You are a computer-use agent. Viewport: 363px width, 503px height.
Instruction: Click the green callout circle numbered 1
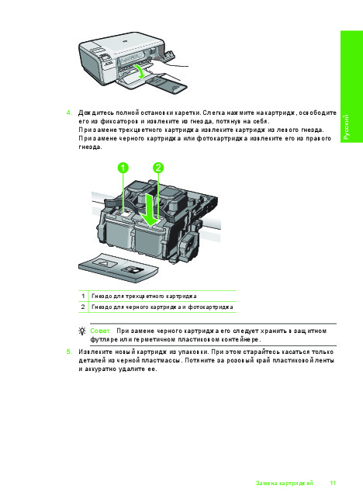tap(123, 168)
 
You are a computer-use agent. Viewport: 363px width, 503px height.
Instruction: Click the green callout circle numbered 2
tap(158, 168)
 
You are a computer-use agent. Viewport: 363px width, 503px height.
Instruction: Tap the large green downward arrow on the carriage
tap(150, 210)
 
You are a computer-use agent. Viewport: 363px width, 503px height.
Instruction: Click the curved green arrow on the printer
tap(140, 71)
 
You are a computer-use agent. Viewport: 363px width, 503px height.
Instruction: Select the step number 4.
tap(69, 113)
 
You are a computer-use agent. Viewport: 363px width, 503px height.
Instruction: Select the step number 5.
tap(69, 352)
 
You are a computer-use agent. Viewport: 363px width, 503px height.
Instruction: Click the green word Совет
tap(100, 331)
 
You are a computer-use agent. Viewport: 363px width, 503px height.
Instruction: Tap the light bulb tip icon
tap(82, 331)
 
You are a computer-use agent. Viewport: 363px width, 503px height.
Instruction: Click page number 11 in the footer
tap(333, 483)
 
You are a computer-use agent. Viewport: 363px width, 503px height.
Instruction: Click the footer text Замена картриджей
tap(284, 483)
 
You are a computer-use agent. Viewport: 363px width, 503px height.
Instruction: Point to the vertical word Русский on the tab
tap(347, 127)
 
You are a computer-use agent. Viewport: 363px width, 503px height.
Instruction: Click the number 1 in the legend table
tap(83, 296)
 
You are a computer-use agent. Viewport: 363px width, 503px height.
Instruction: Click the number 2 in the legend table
tap(83, 307)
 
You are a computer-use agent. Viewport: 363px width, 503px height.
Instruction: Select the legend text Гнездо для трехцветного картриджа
tap(144, 296)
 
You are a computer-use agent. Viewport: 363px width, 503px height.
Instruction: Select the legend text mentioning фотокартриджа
tap(162, 307)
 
